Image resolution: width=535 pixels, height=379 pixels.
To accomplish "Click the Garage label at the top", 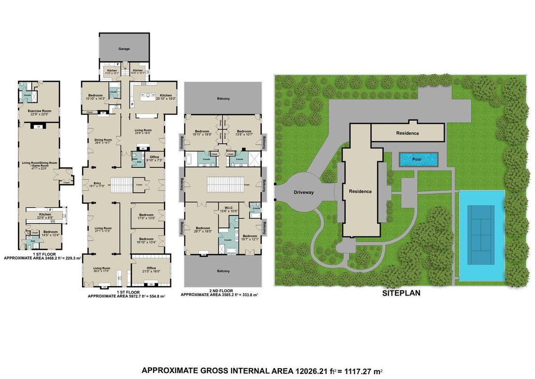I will (x=124, y=49).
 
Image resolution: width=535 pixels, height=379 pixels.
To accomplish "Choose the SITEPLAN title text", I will (x=401, y=293).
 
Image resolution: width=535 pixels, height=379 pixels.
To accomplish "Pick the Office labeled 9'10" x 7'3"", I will (x=154, y=157).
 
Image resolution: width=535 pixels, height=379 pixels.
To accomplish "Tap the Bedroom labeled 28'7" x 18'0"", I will (x=203, y=228).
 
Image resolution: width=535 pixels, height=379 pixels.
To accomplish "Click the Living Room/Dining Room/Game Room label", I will (x=40, y=165).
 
